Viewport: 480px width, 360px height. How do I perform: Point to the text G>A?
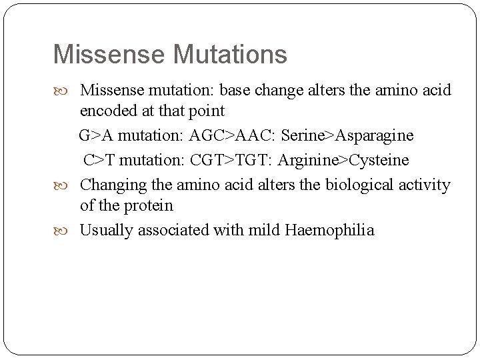pyautogui.click(x=96, y=136)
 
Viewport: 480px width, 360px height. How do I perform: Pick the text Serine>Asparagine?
pyautogui.click(x=347, y=136)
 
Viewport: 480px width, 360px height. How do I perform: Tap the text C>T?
pyautogui.click(x=99, y=161)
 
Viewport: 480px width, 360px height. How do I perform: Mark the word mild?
pyautogui.click(x=265, y=231)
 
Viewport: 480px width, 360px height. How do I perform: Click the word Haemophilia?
pyautogui.click(x=329, y=231)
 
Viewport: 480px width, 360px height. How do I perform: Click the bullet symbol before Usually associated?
pyautogui.click(x=69, y=231)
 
